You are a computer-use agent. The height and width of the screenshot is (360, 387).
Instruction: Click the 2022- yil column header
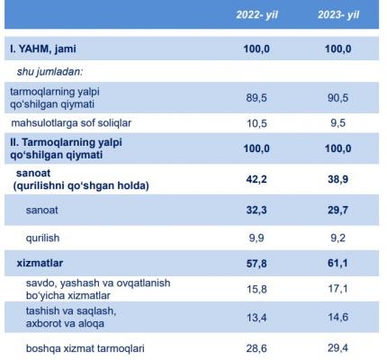tap(256, 15)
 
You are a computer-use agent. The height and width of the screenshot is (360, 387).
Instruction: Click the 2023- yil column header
tap(338, 15)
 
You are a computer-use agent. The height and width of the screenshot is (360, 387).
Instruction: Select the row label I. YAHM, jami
tap(43, 49)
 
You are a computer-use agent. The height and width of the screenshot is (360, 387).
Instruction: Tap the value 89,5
tap(256, 98)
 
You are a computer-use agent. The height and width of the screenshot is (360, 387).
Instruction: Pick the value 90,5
tap(338, 98)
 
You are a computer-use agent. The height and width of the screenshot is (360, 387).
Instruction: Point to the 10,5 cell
tap(256, 123)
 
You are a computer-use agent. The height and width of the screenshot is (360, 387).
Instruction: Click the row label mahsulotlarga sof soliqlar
tap(71, 123)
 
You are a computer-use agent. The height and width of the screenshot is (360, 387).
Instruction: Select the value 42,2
tap(256, 179)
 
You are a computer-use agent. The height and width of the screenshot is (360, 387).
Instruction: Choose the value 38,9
tap(338, 179)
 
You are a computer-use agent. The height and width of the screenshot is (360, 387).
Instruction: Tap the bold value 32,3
tap(256, 210)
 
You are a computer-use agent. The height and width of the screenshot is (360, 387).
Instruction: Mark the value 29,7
tap(338, 210)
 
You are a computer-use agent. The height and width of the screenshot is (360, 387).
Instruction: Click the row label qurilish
tap(42, 238)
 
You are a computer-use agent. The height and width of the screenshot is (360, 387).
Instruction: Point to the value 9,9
tap(256, 238)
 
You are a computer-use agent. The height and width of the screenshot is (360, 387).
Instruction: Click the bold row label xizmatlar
tap(40, 263)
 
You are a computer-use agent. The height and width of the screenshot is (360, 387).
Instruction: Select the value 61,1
tap(338, 263)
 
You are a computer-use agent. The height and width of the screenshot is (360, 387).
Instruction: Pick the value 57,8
tap(256, 264)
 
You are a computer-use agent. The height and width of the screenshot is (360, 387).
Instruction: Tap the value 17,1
tap(338, 289)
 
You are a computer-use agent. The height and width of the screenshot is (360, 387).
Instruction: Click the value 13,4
tap(256, 317)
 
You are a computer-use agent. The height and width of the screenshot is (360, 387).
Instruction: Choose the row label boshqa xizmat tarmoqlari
tap(85, 348)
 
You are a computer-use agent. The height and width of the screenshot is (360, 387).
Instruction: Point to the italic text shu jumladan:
tap(49, 72)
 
